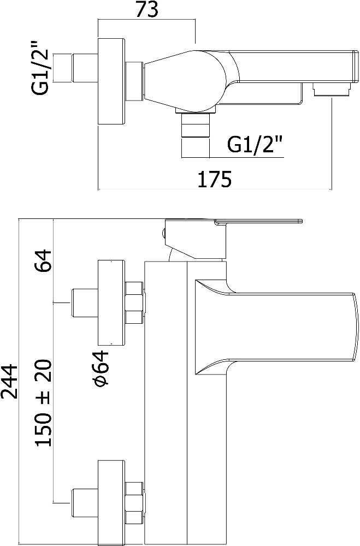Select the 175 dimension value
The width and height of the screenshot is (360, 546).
(x=215, y=179)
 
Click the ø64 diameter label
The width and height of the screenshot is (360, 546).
(x=102, y=367)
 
